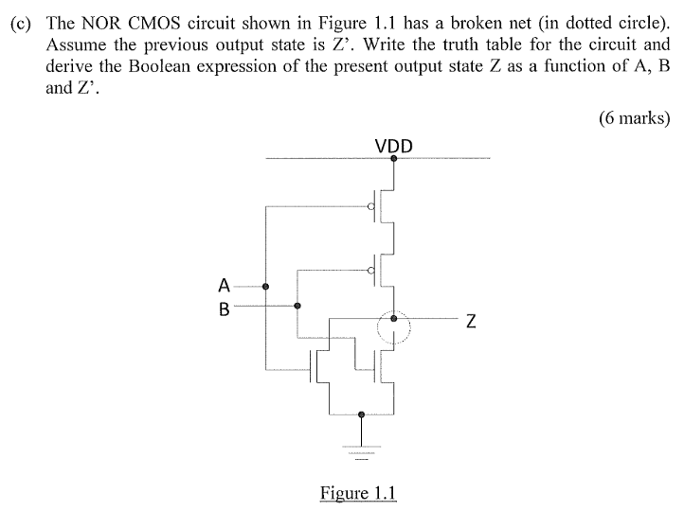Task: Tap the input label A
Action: [224, 285]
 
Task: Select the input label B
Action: [224, 307]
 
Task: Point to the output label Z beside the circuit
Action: [469, 322]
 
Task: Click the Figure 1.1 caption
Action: [358, 493]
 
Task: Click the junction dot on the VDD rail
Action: [394, 159]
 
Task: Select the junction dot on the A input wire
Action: [266, 286]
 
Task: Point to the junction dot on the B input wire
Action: [297, 306]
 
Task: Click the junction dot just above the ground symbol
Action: [361, 414]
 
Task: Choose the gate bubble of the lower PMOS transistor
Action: [371, 271]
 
